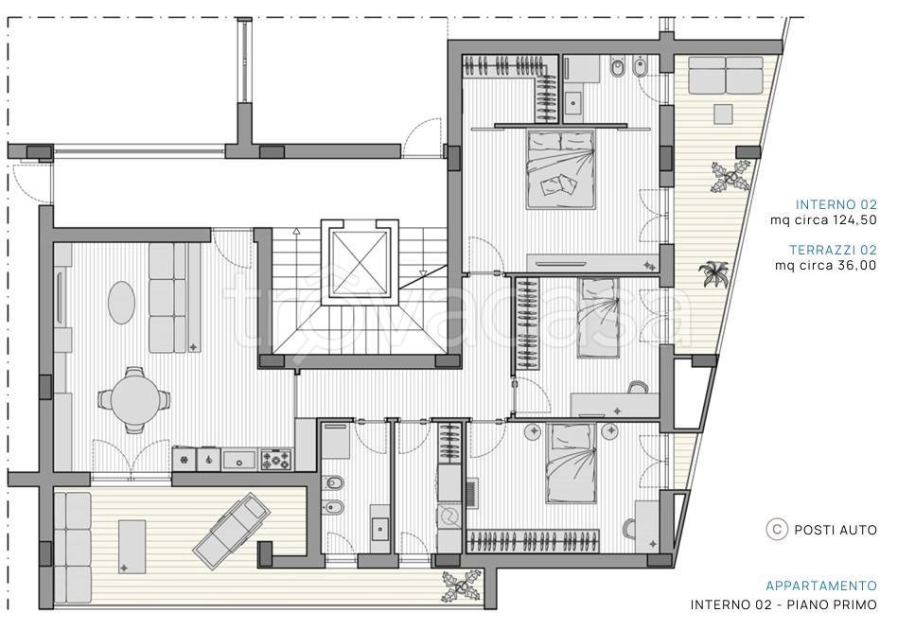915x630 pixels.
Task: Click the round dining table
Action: click(x=135, y=399)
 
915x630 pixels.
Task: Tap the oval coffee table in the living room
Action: click(x=121, y=302)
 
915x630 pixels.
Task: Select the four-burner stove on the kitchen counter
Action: click(x=275, y=459)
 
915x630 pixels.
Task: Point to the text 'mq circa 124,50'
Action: click(x=823, y=219)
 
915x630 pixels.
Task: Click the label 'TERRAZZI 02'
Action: click(x=834, y=250)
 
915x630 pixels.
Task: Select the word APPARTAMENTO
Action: click(x=821, y=586)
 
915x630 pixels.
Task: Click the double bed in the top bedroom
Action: click(x=561, y=169)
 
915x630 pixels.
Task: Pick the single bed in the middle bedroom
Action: click(x=599, y=317)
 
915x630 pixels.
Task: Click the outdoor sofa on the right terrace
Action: click(x=726, y=75)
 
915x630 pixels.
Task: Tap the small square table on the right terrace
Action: click(x=724, y=114)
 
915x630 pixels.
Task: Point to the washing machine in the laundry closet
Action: click(x=449, y=516)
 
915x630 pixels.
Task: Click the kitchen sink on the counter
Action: click(x=239, y=459)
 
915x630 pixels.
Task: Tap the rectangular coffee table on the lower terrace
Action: click(x=132, y=547)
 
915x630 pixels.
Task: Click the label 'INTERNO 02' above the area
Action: click(x=836, y=204)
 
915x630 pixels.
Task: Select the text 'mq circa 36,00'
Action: click(x=825, y=266)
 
